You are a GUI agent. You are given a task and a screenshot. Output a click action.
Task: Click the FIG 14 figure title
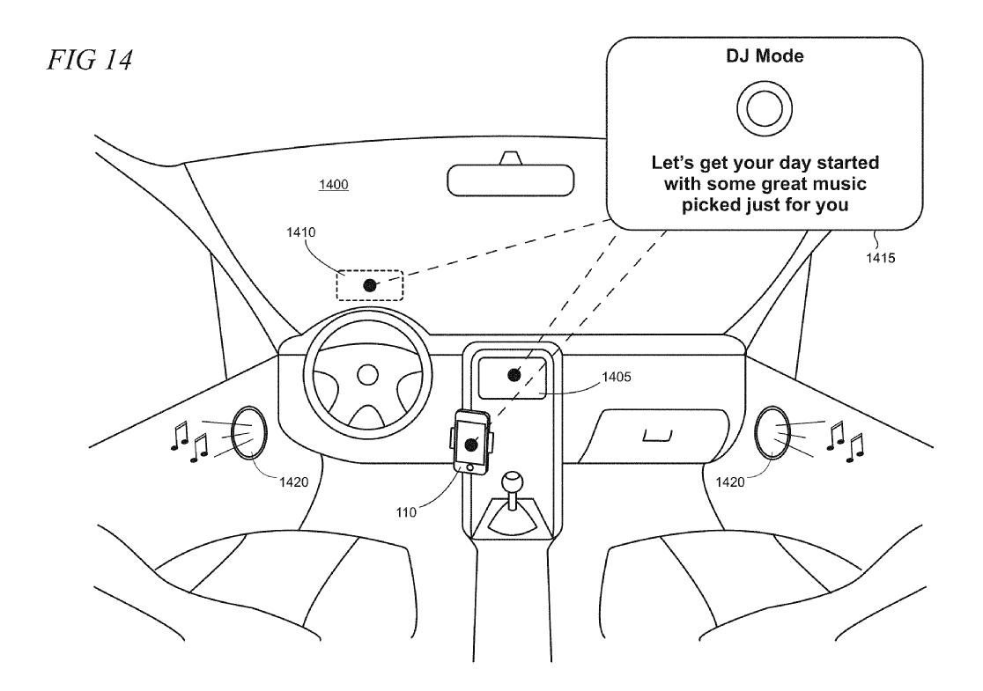(90, 60)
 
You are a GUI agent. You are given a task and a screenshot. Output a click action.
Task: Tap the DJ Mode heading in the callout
(765, 55)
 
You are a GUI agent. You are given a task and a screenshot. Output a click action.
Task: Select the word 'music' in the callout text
(836, 184)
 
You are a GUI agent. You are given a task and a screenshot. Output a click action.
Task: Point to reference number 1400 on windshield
(334, 184)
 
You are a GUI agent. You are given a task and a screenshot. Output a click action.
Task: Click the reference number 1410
(301, 232)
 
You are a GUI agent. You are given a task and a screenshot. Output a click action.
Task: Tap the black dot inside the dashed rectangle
(370, 286)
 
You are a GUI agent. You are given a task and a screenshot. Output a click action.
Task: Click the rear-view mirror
(510, 180)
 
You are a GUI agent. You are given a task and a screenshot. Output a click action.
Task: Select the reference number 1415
(880, 258)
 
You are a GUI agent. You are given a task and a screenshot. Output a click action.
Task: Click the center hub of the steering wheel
(367, 375)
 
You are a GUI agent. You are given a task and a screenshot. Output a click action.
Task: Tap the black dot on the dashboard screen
(514, 375)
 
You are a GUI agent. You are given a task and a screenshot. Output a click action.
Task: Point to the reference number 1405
(617, 377)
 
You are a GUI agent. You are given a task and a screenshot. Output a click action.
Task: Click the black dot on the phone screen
(471, 445)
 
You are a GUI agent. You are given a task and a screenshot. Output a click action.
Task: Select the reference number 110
(406, 512)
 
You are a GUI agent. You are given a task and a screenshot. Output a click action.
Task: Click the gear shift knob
(512, 482)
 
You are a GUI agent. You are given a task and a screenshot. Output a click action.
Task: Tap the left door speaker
(249, 432)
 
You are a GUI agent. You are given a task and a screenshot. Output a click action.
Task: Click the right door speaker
(772, 432)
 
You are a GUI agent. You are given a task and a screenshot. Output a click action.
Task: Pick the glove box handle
(658, 436)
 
